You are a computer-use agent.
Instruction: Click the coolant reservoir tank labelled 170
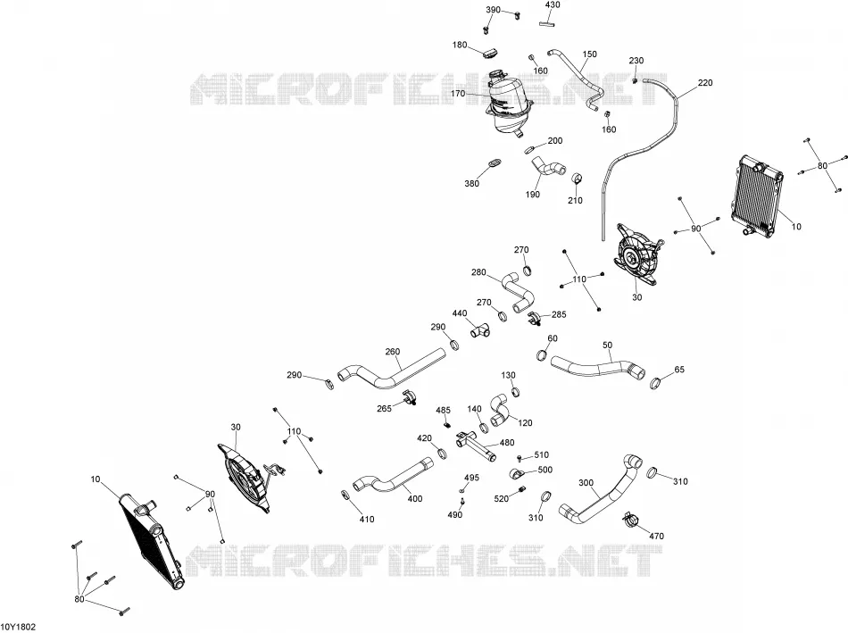[506, 104]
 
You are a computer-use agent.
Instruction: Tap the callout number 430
[553, 4]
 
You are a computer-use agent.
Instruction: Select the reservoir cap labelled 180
[490, 53]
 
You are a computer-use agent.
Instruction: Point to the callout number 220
[705, 83]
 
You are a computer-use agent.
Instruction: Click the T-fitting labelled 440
[478, 330]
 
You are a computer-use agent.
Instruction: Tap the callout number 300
[586, 483]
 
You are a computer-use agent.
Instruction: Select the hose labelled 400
[393, 477]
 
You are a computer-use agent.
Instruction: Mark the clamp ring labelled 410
[345, 495]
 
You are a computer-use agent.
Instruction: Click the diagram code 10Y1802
[18, 627]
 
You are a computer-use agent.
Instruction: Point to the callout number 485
[443, 411]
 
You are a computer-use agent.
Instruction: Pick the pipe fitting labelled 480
[476, 446]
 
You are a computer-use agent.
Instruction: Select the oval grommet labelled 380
[494, 162]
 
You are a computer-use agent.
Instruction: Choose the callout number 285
[559, 314]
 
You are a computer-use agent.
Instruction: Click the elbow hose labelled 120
[500, 410]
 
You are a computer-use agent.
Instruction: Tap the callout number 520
[502, 498]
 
